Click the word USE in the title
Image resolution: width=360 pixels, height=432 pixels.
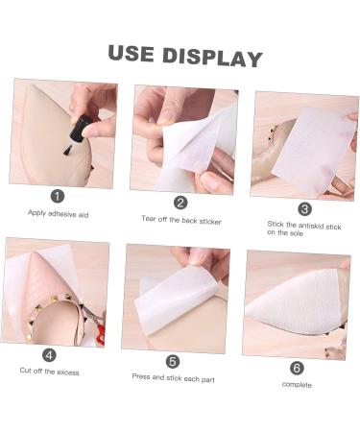pos(131,54)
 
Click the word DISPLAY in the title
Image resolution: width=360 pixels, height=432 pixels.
pos(212,58)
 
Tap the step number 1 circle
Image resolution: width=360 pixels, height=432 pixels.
pos(58,196)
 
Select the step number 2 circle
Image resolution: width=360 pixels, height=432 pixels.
pos(180,203)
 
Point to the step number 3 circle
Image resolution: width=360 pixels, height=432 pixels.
pos(304,209)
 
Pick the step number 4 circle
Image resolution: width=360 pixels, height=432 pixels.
pos(49,355)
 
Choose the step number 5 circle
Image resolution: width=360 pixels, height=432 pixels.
pos(173,362)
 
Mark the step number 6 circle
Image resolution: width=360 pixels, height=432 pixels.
pos(297,368)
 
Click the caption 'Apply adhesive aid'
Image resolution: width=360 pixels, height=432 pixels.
pos(58,213)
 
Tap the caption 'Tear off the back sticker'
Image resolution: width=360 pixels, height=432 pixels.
pos(181,220)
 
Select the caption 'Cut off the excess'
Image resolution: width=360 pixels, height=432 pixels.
pos(49,372)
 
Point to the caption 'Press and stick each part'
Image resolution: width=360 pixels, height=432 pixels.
pos(173,378)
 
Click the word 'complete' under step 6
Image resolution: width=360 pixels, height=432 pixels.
pos(297,385)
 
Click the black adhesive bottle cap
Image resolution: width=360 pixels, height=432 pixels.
pos(81,128)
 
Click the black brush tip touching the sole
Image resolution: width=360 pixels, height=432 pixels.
pos(67,150)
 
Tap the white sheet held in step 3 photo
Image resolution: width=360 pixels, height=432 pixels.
pos(314,150)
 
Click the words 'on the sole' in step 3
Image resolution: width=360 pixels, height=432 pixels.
pos(285,233)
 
